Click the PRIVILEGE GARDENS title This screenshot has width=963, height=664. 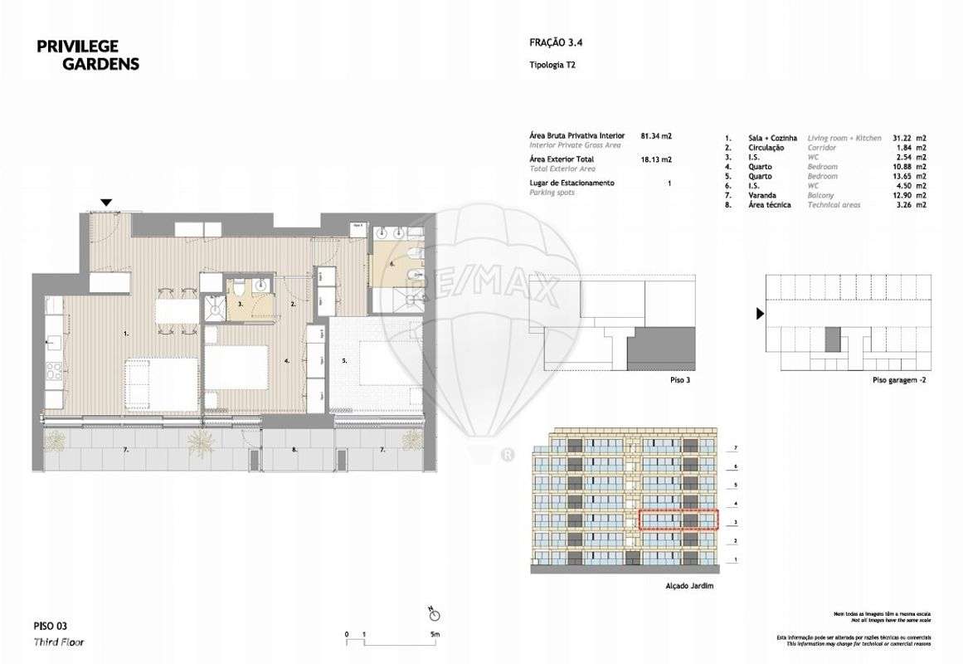87,55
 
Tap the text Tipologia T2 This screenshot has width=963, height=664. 552,65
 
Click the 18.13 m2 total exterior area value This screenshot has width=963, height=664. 656,159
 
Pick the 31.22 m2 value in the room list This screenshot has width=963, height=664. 912,138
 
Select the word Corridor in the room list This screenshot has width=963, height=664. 822,147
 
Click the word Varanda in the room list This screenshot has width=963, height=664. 762,194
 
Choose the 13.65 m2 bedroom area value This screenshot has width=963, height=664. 912,175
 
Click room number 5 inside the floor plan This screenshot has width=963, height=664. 343,361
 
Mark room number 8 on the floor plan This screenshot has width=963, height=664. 294,449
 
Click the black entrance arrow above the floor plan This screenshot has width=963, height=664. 105,203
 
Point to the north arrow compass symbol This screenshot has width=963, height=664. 434,614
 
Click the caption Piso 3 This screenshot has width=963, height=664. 678,379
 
